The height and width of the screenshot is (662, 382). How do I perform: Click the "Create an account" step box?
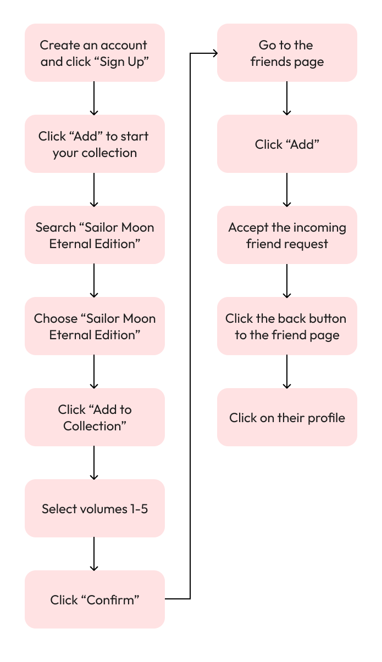[95, 53]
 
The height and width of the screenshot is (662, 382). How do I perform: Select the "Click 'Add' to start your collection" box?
[95, 144]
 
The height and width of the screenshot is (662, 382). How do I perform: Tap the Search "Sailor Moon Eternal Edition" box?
[95, 235]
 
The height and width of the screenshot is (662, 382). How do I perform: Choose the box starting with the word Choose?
[95, 326]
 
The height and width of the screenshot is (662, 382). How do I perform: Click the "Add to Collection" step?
[95, 417]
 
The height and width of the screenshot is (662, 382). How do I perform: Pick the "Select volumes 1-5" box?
[95, 508]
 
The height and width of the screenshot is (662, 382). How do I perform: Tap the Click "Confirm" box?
[95, 599]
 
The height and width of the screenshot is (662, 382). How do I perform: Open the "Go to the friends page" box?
[287, 53]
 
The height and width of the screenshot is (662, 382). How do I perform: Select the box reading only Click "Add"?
[287, 144]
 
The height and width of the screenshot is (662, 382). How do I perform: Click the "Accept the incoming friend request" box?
[287, 235]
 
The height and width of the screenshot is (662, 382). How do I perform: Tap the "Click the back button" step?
[287, 326]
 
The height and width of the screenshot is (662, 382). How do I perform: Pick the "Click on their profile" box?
[287, 417]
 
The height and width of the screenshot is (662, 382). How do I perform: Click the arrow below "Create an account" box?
[95, 98]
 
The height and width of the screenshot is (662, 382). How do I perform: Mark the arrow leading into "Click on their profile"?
[287, 372]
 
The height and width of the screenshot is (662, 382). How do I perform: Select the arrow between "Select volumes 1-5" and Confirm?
[95, 554]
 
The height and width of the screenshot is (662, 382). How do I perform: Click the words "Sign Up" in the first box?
[129, 61]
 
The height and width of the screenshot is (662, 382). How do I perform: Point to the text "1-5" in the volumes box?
[139, 509]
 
